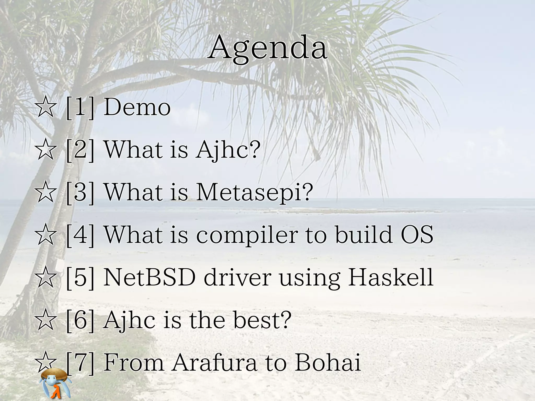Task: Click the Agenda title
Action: (x=267, y=48)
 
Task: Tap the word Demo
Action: (x=137, y=107)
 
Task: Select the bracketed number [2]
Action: (x=80, y=150)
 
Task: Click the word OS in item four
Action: (x=417, y=234)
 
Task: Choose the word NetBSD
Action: (x=149, y=277)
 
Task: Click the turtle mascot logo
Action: (x=56, y=383)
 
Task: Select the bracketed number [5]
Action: (x=80, y=277)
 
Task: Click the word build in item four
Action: (x=363, y=234)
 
